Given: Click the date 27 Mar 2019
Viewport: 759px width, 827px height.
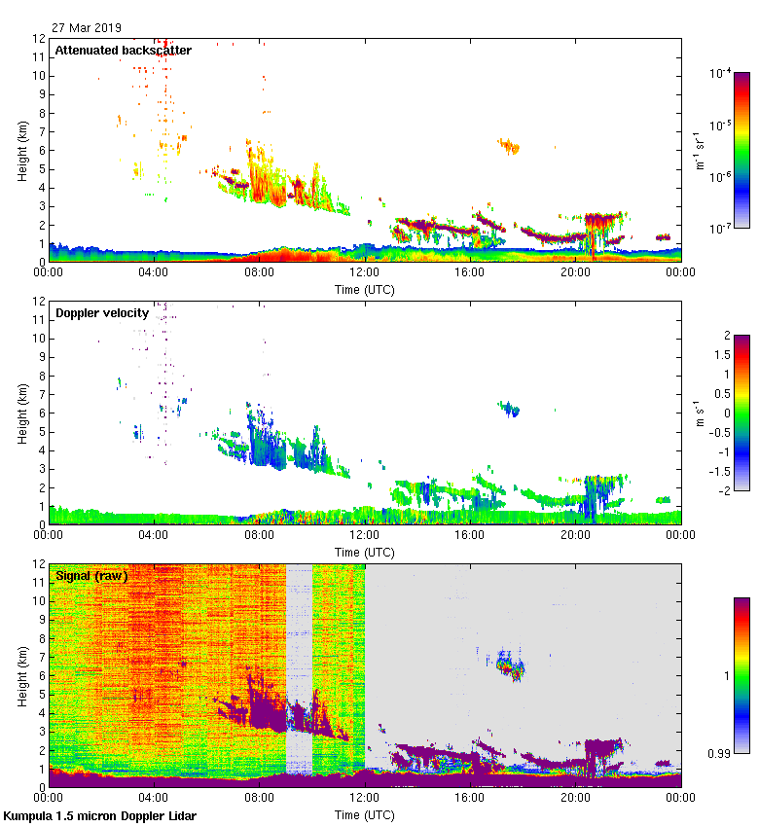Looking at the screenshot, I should (x=88, y=28).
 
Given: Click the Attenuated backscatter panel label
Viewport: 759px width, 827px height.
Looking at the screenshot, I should (x=123, y=50).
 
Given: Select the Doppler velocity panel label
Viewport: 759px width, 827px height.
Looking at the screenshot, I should (x=102, y=312).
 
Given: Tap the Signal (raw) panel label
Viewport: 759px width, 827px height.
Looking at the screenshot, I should (x=91, y=575).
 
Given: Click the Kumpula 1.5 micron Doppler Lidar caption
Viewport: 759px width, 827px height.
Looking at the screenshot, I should (x=99, y=815).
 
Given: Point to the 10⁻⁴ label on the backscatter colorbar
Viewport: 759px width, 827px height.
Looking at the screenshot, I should (x=722, y=73).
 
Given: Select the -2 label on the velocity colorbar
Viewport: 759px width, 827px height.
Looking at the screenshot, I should (x=725, y=490).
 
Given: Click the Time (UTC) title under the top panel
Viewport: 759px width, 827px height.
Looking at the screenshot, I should (x=365, y=289).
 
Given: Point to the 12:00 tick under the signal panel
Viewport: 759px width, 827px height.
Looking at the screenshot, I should (x=365, y=799).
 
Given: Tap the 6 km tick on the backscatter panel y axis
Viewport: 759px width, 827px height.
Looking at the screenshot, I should (x=39, y=151).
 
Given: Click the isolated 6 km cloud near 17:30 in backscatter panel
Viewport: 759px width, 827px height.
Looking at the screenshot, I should (x=509, y=147).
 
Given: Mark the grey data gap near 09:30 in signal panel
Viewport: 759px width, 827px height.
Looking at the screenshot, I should (x=299, y=671).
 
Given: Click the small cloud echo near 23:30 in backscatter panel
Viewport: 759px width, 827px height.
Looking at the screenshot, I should (x=663, y=236).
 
